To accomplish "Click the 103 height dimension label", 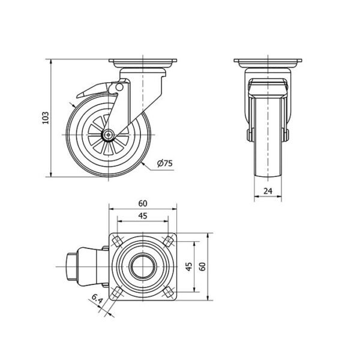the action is (x=46, y=118).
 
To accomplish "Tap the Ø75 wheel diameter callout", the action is (x=164, y=163).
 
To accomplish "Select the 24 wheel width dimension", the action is (x=268, y=191).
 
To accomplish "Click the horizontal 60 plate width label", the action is (x=143, y=203).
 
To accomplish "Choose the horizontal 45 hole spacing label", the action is (x=143, y=216).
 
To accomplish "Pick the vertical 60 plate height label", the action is (x=202, y=266).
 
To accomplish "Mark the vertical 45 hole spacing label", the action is (x=189, y=266).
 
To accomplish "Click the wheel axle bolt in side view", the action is (x=108, y=134).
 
